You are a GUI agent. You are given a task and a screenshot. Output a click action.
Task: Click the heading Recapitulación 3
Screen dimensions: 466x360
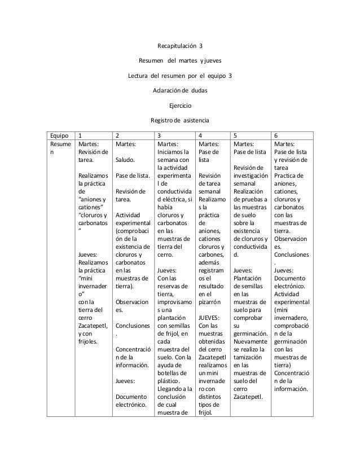click(179, 45)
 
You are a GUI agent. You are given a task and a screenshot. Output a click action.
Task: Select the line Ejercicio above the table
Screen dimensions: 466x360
click(180, 105)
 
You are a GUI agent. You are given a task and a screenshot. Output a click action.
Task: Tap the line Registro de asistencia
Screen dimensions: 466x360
click(179, 120)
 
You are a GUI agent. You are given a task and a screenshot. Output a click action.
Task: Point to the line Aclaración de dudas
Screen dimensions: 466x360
click(180, 90)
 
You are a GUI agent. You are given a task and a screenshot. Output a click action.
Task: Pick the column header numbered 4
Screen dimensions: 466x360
click(201, 136)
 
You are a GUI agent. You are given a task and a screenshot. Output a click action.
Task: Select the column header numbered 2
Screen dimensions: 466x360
click(117, 136)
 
